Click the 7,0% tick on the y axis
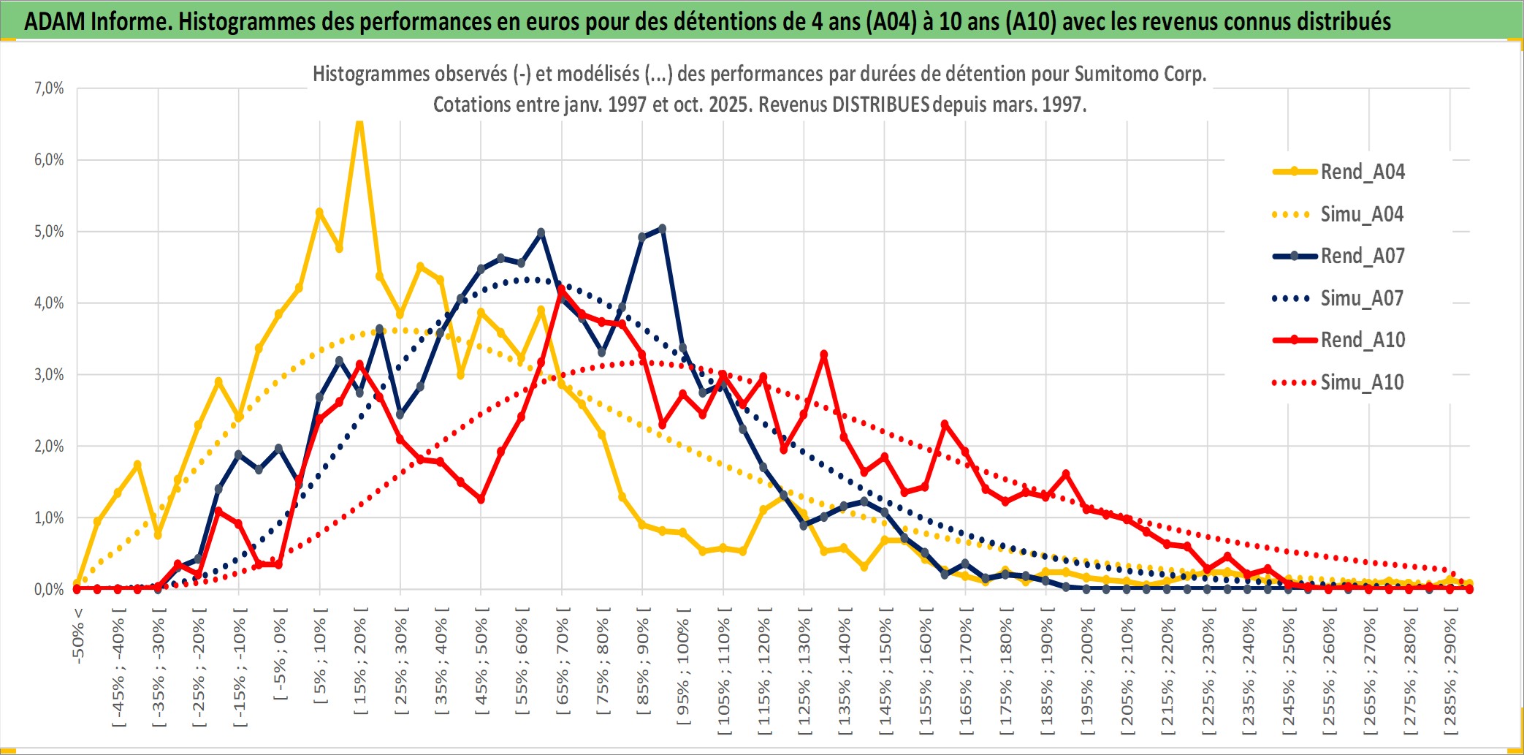click(x=49, y=88)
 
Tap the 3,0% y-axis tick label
click(x=49, y=375)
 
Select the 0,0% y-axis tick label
click(x=49, y=589)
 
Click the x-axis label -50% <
click(x=78, y=635)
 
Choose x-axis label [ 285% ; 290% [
click(x=1450, y=676)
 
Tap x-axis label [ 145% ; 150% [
click(x=885, y=676)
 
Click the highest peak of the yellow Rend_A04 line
click(x=359, y=123)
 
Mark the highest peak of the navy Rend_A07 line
click(x=662, y=229)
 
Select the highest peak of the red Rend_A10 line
click(x=561, y=291)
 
